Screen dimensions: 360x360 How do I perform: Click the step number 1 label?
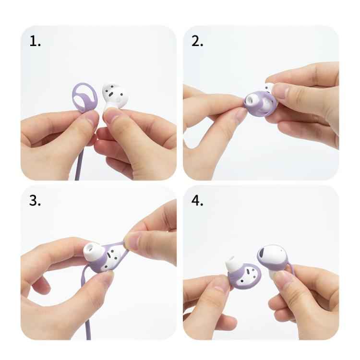click(35, 41)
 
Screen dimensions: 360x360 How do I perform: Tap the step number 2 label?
click(197, 41)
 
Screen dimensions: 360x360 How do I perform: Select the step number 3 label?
click(35, 201)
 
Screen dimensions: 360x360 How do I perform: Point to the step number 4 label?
click(197, 201)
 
